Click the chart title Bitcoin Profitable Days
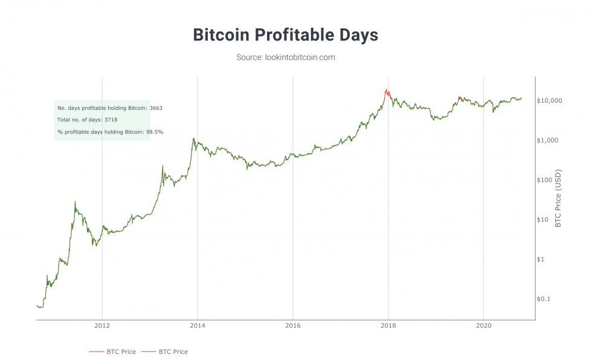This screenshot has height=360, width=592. click(x=285, y=35)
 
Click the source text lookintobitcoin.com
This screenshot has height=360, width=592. click(x=285, y=57)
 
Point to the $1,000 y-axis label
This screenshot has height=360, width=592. click(x=547, y=140)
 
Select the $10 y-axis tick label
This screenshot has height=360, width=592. click(x=544, y=220)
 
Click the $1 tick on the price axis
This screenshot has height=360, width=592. click(x=542, y=260)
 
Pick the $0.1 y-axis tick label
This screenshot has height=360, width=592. click(x=544, y=300)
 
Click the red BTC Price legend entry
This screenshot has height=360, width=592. click(x=112, y=352)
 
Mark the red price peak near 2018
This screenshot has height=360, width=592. click(x=385, y=90)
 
